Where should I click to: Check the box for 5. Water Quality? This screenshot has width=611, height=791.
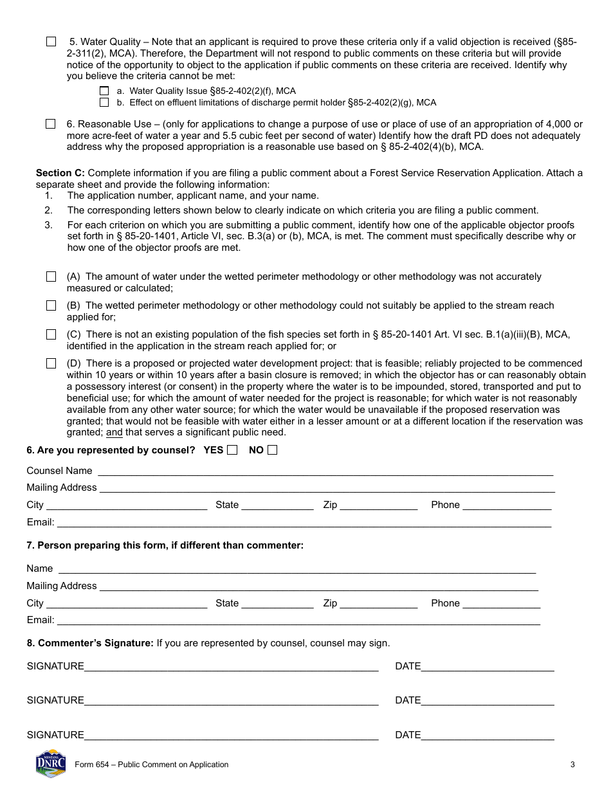coord(51,42)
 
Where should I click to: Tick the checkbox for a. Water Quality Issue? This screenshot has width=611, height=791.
coord(104,91)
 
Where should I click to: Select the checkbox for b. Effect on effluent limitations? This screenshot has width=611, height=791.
coord(104,102)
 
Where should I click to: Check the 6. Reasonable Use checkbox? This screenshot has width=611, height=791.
coord(51,124)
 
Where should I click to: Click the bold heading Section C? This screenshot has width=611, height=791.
coord(60,173)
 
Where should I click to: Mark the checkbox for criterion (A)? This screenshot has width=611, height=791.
coord(51,277)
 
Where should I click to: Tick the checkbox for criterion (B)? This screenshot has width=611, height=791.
coord(51,305)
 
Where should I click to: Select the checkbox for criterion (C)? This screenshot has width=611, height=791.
coord(51,334)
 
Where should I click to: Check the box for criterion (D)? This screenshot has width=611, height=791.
coord(51,363)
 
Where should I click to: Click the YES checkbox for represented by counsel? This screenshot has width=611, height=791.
coord(232,450)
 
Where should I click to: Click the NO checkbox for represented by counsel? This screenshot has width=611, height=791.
coord(272,450)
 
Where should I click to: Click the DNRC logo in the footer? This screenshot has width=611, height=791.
coord(51,763)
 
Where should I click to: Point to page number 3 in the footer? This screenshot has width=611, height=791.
coord(572,765)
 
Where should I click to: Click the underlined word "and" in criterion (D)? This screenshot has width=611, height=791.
coord(114,433)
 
